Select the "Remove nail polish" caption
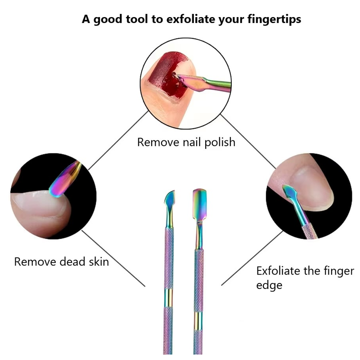tap(186, 143)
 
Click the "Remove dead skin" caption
tap(62, 261)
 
